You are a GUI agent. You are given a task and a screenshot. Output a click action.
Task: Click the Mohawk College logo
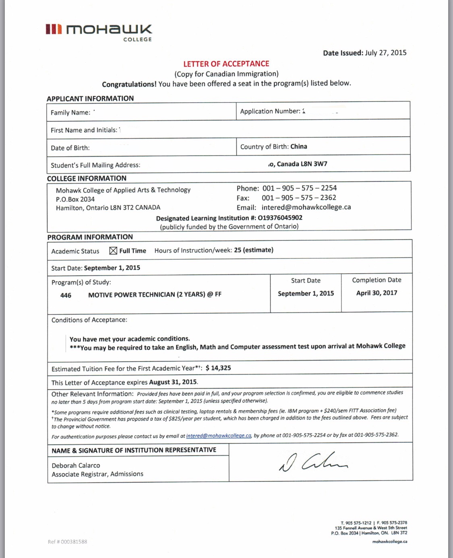(x=99, y=32)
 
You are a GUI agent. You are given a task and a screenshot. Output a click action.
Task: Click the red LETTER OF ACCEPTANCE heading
(x=226, y=64)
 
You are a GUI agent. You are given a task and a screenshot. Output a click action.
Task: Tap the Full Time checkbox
(x=113, y=251)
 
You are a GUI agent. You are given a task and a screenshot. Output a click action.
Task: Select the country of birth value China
(x=298, y=147)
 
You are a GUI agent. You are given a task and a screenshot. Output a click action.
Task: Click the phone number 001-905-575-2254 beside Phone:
(x=300, y=188)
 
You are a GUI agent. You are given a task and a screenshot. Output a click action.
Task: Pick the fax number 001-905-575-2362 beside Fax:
(x=299, y=198)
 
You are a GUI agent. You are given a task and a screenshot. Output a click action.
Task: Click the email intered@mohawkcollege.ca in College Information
(x=306, y=207)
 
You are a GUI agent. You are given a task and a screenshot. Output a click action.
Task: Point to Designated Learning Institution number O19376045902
(x=280, y=218)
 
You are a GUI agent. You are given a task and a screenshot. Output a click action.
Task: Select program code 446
(x=66, y=295)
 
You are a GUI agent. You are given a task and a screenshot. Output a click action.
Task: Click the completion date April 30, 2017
(x=376, y=293)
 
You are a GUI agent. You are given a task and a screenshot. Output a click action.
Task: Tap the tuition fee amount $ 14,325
(x=218, y=368)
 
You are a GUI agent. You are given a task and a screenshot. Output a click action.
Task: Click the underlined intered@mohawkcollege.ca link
(x=219, y=436)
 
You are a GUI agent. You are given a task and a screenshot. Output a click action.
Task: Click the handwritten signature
(x=313, y=461)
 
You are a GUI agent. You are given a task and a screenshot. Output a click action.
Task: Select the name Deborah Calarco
(x=76, y=465)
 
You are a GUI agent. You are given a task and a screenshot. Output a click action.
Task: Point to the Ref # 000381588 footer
(x=67, y=541)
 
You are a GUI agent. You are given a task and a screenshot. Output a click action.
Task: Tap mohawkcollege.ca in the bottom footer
(x=389, y=541)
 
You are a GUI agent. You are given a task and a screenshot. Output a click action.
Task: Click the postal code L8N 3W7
(x=314, y=164)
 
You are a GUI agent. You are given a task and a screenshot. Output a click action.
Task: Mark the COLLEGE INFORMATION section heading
(x=87, y=178)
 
